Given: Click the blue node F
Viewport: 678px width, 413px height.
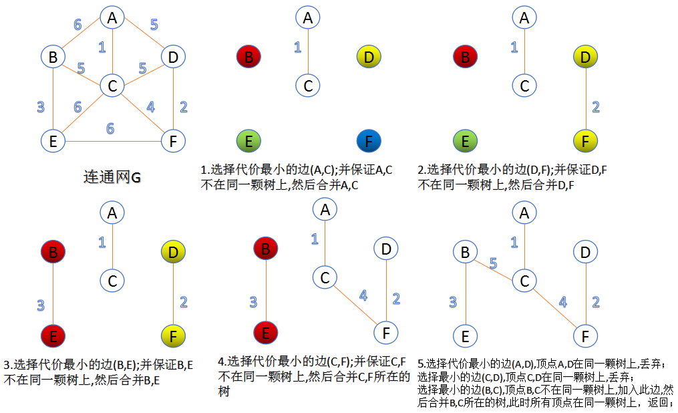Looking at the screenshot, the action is (x=369, y=141).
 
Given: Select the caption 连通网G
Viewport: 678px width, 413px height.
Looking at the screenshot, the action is (x=112, y=177).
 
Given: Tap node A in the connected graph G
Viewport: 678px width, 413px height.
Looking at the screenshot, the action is (x=112, y=18).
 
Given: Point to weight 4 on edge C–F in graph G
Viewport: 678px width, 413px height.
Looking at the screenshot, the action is (x=150, y=106).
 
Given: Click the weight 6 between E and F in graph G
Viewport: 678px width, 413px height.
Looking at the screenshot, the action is (x=110, y=128).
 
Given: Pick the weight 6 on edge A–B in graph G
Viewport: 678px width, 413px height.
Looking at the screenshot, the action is (x=78, y=25).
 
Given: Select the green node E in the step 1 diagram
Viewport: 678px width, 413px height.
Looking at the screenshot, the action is (x=248, y=141).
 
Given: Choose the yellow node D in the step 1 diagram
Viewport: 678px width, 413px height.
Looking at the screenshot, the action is (x=369, y=57).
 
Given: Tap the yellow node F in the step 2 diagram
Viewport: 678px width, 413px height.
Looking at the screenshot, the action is (x=585, y=141).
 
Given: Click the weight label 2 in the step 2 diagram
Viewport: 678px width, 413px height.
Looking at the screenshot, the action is (x=596, y=107).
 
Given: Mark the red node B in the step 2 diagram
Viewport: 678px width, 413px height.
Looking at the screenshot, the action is (x=466, y=57).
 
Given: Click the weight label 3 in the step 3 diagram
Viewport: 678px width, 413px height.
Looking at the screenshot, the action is (x=41, y=305).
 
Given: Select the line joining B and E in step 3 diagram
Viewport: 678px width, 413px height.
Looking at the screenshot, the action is (x=53, y=294).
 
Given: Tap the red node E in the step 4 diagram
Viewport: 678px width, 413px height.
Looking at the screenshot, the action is (x=265, y=333).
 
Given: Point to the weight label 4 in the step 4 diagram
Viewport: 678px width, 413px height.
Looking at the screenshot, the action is (x=363, y=295).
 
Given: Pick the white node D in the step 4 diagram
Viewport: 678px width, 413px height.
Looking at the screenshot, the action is (x=386, y=249).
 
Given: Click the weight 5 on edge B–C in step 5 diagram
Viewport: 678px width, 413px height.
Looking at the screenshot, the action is (x=494, y=263).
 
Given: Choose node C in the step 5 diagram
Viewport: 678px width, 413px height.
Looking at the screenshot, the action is (x=524, y=281).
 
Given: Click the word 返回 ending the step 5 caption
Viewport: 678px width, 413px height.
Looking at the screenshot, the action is (x=659, y=402).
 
